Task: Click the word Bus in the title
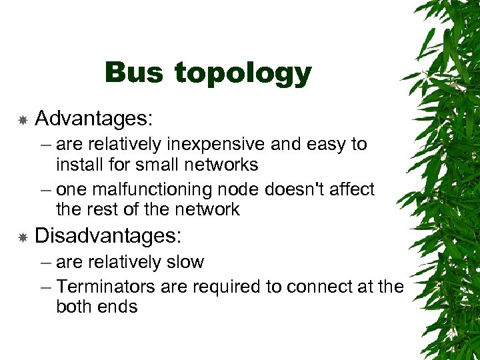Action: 133,73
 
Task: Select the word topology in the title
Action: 243,75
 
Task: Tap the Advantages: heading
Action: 94,119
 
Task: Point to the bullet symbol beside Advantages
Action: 22,120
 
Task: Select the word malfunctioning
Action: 157,190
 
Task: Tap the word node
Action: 243,190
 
